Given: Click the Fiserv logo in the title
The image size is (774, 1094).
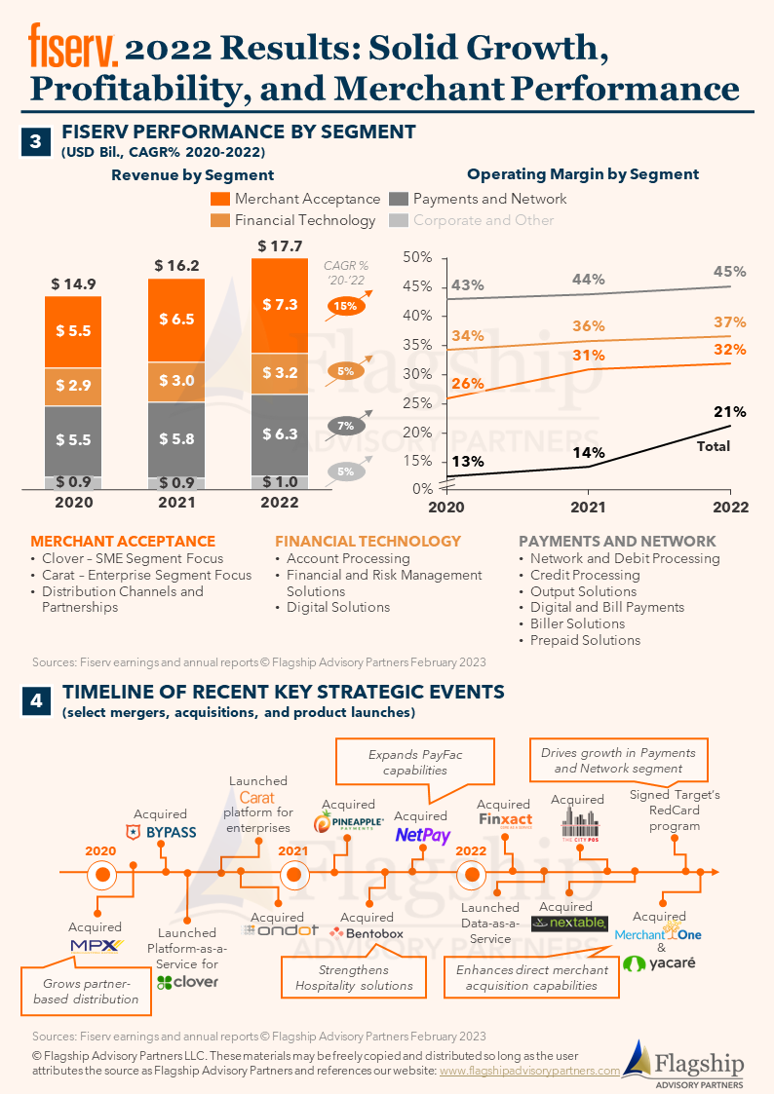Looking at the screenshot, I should pos(73,47).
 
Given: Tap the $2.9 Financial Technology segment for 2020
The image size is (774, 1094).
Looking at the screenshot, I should pos(72,386).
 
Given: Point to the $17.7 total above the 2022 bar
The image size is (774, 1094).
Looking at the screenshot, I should pos(280,245).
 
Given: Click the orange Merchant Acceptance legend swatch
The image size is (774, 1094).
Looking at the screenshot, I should pos(220,199).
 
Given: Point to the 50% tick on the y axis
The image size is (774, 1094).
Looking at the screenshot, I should pos(418,257).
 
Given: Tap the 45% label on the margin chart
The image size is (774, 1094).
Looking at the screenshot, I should pos(729,272).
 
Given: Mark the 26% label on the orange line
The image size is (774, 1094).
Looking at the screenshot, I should pos(468,383).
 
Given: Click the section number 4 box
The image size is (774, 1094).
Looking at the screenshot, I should pos(35,700).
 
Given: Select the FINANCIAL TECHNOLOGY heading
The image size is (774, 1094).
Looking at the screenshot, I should pos(368,541).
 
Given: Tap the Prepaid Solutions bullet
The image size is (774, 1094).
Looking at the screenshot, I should pos(585,640).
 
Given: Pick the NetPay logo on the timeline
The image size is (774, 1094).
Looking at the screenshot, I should pos(422,835).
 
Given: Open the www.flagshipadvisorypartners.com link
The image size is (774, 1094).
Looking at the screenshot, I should pos(529,1070).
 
